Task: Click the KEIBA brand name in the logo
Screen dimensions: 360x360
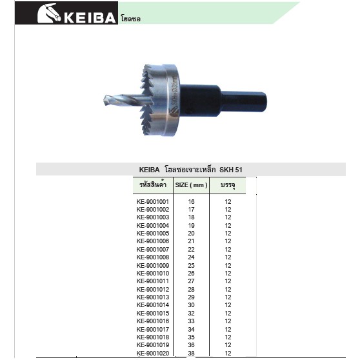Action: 90,17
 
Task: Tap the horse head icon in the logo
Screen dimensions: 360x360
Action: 49,14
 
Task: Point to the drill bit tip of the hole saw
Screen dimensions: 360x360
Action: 105,101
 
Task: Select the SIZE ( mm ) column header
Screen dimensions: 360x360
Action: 191,185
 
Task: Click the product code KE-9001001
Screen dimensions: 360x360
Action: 153,201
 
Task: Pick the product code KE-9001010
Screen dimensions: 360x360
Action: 153,273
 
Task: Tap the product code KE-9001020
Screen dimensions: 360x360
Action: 153,353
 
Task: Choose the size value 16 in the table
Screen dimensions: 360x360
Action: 191,201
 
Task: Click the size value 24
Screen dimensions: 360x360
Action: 191,257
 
